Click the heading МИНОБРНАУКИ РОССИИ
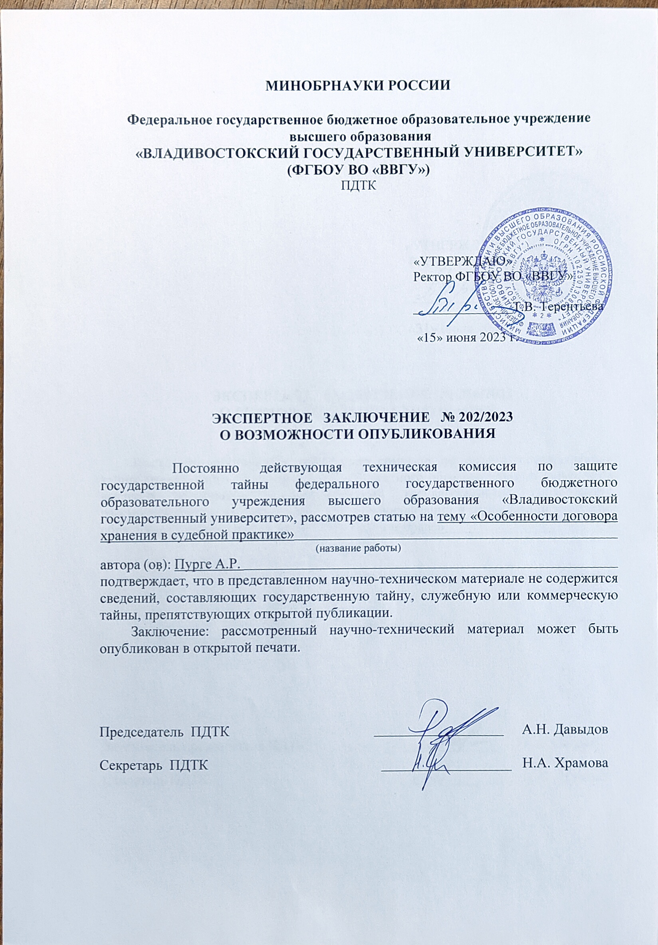[x=357, y=86]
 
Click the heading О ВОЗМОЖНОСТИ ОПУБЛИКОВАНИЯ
[x=358, y=433]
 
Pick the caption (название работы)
[x=358, y=548]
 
